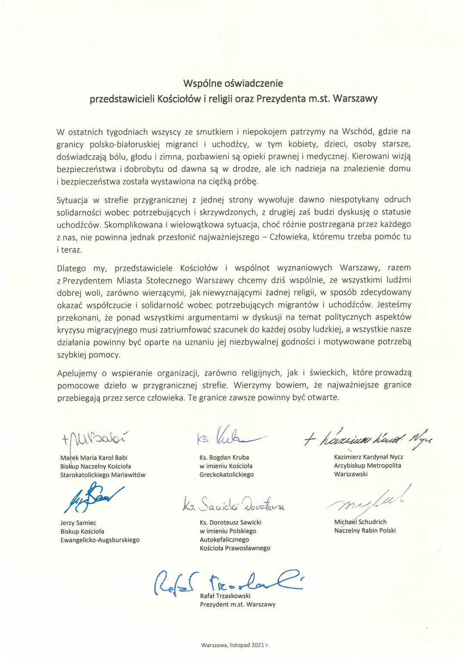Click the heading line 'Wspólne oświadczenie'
coord(233,83)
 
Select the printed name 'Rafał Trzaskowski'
coord(225,596)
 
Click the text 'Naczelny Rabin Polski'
coord(365,531)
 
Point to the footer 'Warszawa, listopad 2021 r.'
coord(235,645)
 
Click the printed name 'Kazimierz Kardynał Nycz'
coord(368,457)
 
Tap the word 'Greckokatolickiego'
coord(226,475)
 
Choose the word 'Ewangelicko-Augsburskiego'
coord(100,540)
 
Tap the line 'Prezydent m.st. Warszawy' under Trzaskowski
coord(238,605)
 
